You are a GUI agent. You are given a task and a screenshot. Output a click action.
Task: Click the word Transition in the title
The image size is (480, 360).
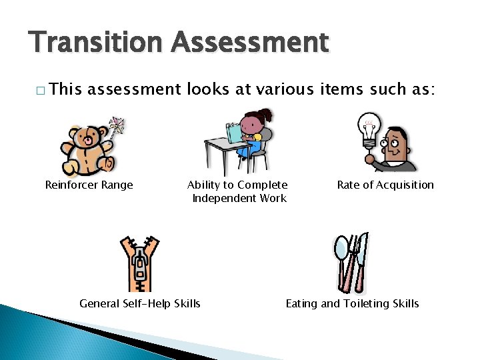[x=95, y=42]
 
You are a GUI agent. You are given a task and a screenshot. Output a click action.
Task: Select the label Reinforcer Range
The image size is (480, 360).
[x=89, y=185]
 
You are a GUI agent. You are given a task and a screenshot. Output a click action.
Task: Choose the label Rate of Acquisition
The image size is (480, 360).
[x=385, y=185]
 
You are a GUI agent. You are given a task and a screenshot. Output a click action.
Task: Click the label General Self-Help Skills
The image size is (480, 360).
[x=139, y=303]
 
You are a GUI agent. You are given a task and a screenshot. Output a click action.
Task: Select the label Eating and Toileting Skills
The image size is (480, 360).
[x=352, y=303]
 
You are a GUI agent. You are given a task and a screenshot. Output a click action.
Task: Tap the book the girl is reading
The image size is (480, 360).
[x=235, y=131]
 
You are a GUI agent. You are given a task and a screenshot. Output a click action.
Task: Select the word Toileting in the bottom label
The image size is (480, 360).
[x=368, y=303]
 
